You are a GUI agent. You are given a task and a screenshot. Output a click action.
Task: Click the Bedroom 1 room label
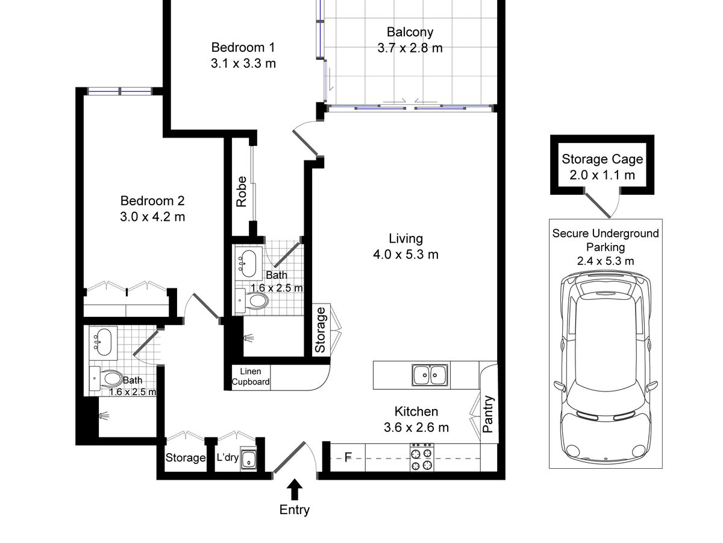tap(243, 48)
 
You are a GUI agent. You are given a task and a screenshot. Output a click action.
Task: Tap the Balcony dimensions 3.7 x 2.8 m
tap(410, 48)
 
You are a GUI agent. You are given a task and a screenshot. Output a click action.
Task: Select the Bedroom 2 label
tap(152, 201)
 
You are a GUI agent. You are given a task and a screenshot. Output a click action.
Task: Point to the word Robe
tap(242, 191)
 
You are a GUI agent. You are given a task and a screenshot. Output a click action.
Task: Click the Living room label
tap(406, 239)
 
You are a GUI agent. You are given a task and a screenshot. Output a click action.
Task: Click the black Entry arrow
tap(295, 489)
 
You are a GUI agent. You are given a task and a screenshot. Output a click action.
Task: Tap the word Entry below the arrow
tap(295, 510)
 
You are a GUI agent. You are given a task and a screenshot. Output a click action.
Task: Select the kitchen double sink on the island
tap(430, 375)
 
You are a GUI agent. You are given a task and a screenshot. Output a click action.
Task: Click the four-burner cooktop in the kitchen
tap(422, 457)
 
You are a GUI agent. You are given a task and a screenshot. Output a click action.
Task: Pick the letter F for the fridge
tap(348, 457)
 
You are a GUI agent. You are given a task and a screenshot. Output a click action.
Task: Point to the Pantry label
tap(488, 414)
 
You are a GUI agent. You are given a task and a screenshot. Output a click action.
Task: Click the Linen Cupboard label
tap(251, 376)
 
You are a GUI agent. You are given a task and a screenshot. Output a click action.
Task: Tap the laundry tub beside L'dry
tap(248, 459)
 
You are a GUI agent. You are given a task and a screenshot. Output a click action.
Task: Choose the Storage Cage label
tap(602, 159)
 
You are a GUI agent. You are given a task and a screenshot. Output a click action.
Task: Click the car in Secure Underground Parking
tap(606, 367)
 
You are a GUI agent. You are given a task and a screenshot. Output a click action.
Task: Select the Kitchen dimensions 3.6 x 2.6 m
tap(416, 428)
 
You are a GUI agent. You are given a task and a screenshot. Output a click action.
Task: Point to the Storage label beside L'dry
tap(186, 457)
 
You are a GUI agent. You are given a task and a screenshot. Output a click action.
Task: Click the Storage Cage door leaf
tap(597, 205)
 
